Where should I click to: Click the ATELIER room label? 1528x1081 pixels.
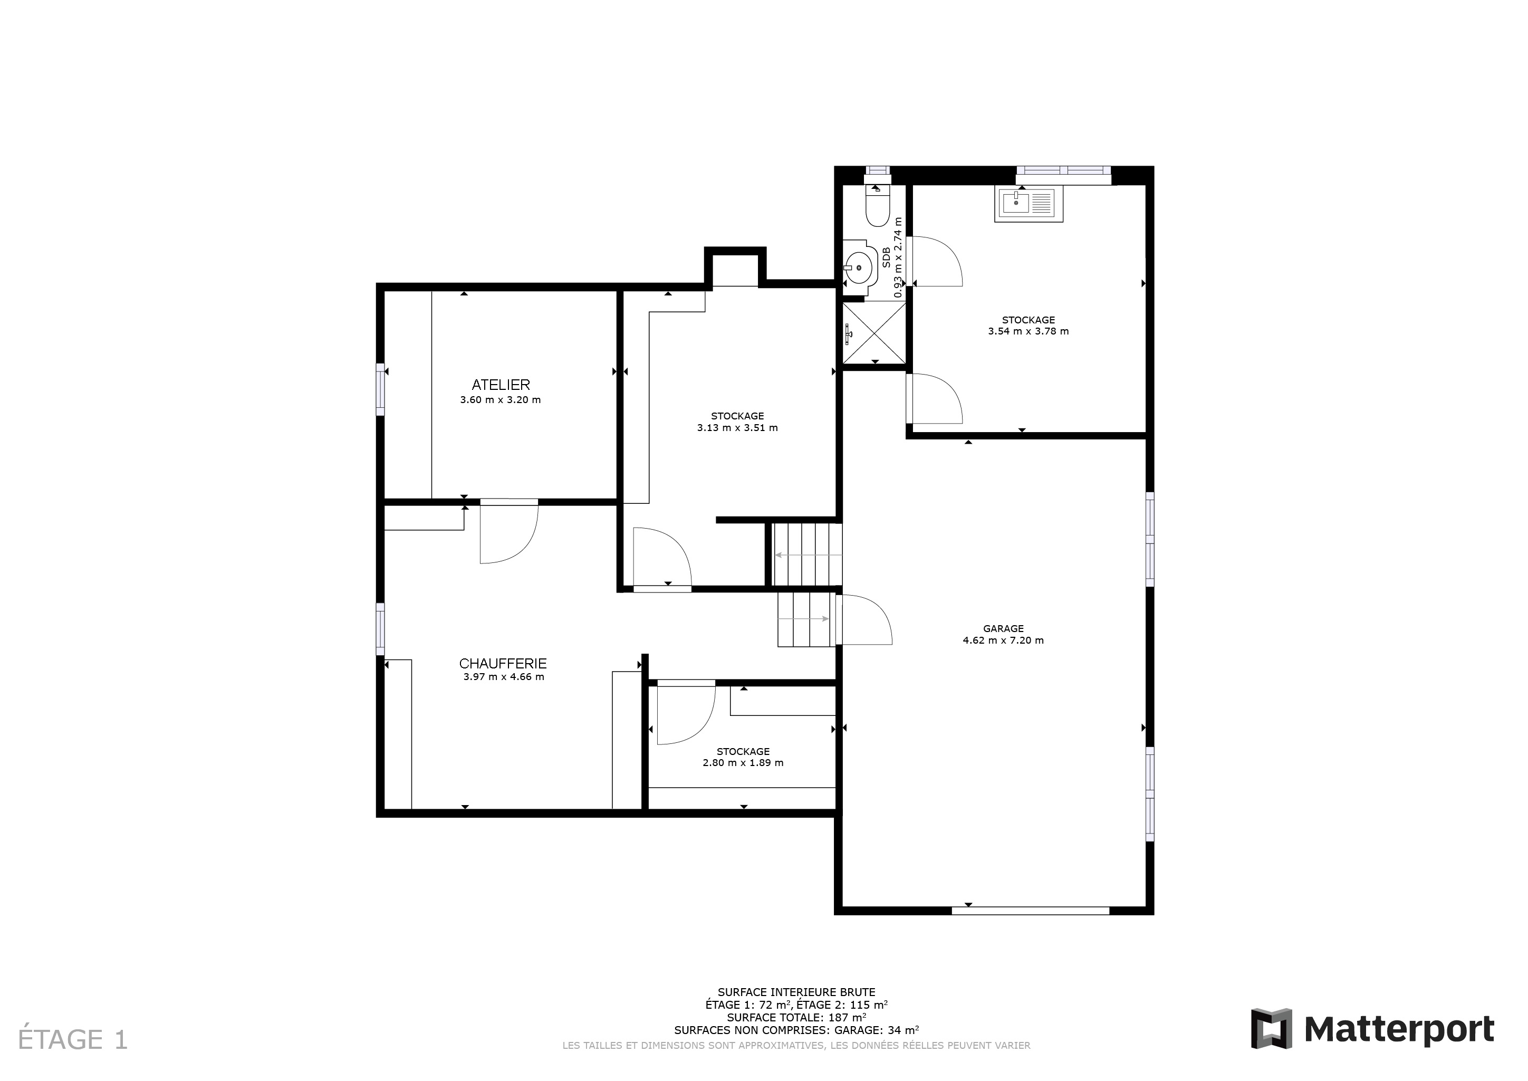click(x=501, y=385)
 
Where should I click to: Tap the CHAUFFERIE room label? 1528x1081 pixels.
click(x=503, y=664)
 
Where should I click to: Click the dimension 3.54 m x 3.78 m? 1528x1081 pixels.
click(x=1028, y=331)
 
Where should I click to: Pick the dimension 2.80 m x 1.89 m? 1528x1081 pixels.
click(x=743, y=763)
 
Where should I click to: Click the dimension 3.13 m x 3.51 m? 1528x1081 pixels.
click(x=737, y=428)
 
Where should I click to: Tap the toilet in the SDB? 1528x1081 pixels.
click(x=877, y=205)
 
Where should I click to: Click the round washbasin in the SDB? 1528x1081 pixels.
click(x=859, y=267)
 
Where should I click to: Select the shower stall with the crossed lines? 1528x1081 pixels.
click(x=874, y=333)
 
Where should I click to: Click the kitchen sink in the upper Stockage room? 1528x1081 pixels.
click(x=1028, y=204)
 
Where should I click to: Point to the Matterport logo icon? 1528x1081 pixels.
click(x=1271, y=1028)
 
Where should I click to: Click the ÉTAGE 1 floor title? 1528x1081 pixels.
click(x=73, y=1040)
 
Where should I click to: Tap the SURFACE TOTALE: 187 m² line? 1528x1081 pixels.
click(x=796, y=1017)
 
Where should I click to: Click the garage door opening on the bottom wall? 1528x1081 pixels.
click(x=1030, y=911)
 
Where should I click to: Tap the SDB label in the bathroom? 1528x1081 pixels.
click(x=886, y=257)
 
